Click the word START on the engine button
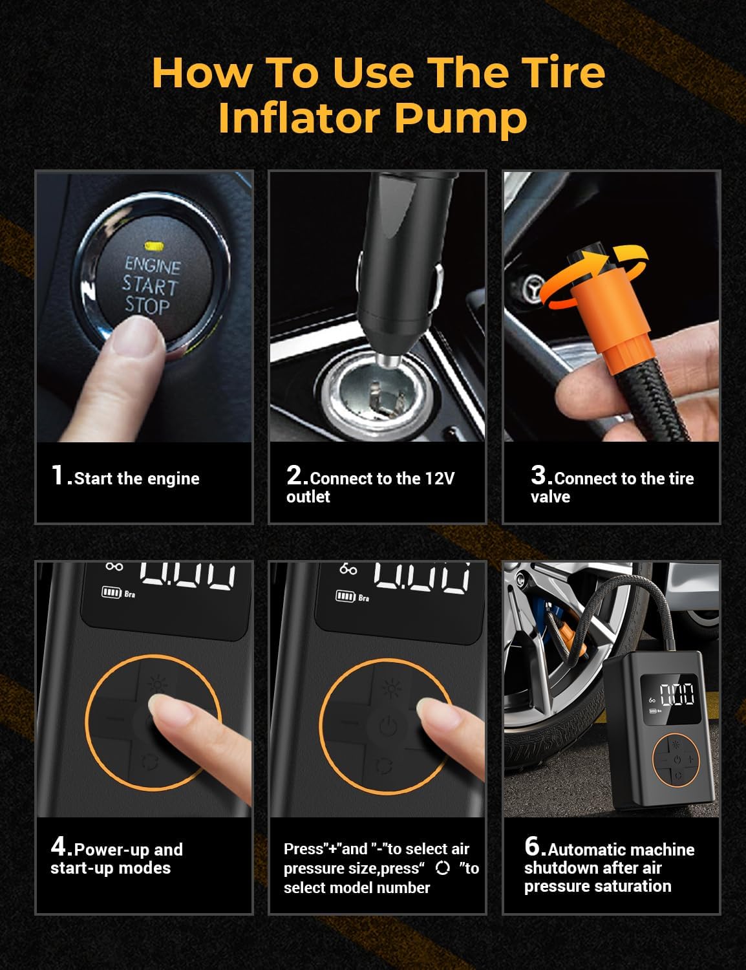pyautogui.click(x=151, y=285)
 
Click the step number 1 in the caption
pyautogui.click(x=58, y=475)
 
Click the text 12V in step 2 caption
pyautogui.click(x=440, y=479)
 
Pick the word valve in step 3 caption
pyautogui.click(x=550, y=497)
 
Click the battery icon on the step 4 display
pyautogui.click(x=111, y=592)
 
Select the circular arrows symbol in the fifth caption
pyautogui.click(x=442, y=868)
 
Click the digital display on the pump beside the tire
pyautogui.click(x=670, y=698)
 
